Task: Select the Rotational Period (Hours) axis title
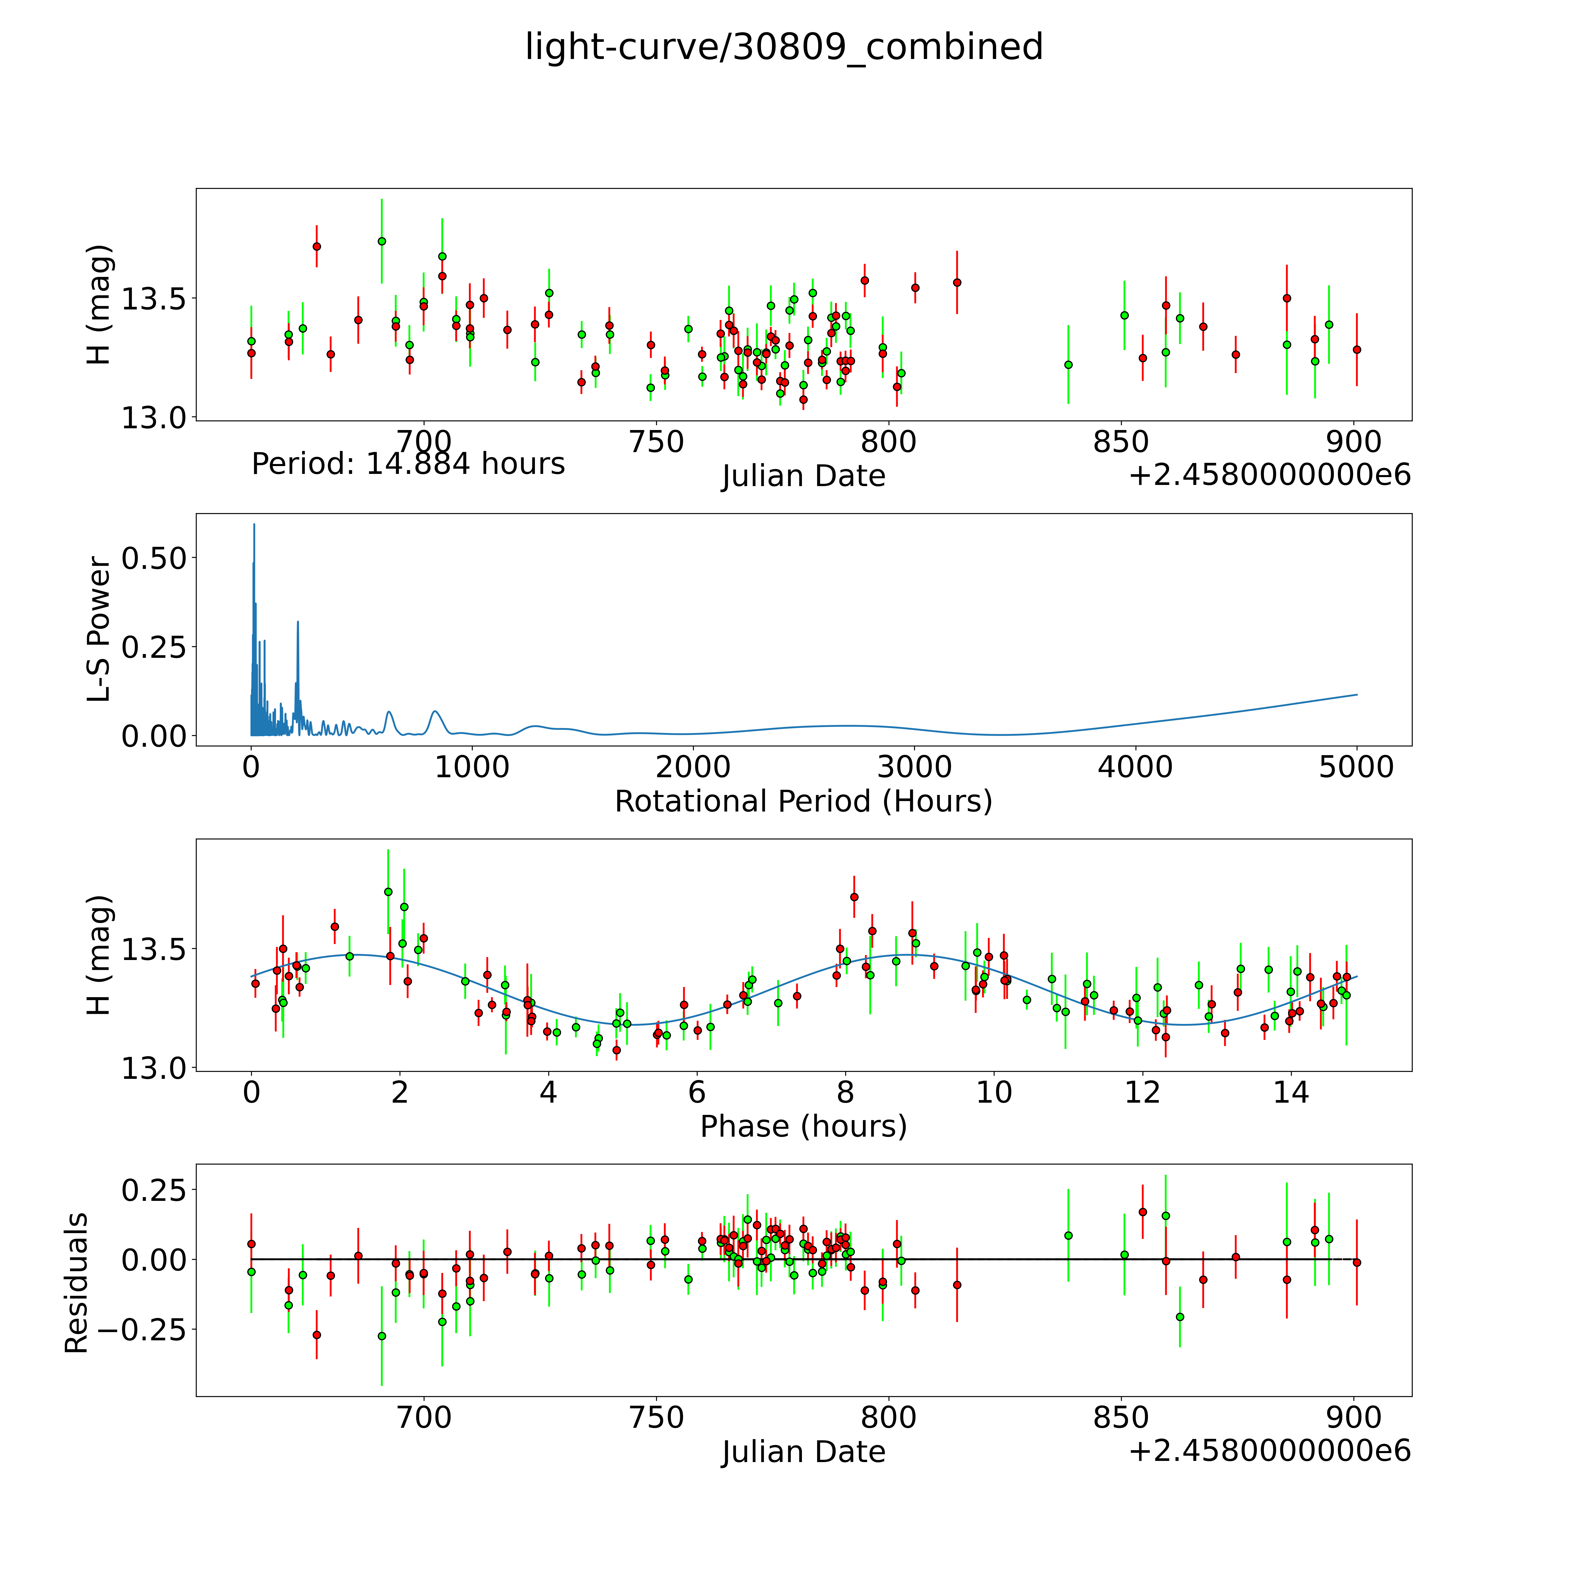coord(803,802)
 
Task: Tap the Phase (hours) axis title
coord(803,1126)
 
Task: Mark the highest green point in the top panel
coord(382,241)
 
